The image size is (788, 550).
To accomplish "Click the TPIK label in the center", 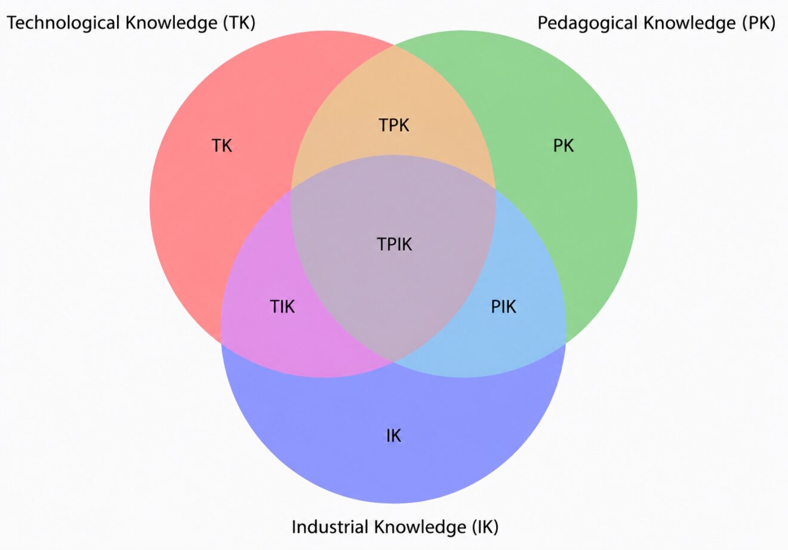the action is (x=394, y=244).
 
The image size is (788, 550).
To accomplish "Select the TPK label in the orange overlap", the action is (x=394, y=125).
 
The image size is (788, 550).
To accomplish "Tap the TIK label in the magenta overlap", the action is (x=282, y=306).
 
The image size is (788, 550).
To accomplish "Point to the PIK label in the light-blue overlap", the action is (x=503, y=306).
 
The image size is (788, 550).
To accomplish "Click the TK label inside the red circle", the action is (x=221, y=146).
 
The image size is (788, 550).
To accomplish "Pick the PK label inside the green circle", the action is (x=563, y=146).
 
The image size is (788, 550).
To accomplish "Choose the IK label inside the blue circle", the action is (x=393, y=435).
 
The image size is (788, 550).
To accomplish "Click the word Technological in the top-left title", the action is (x=63, y=23).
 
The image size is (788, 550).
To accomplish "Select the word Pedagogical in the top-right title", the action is (x=589, y=23).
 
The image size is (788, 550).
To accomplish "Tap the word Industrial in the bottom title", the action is (x=330, y=527).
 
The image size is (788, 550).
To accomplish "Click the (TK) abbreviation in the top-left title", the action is (x=239, y=23).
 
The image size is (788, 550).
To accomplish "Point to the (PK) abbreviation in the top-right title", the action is (x=758, y=23).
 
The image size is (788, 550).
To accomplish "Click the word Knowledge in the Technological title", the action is (x=171, y=23).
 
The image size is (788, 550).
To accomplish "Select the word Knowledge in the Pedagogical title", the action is (x=690, y=23).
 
